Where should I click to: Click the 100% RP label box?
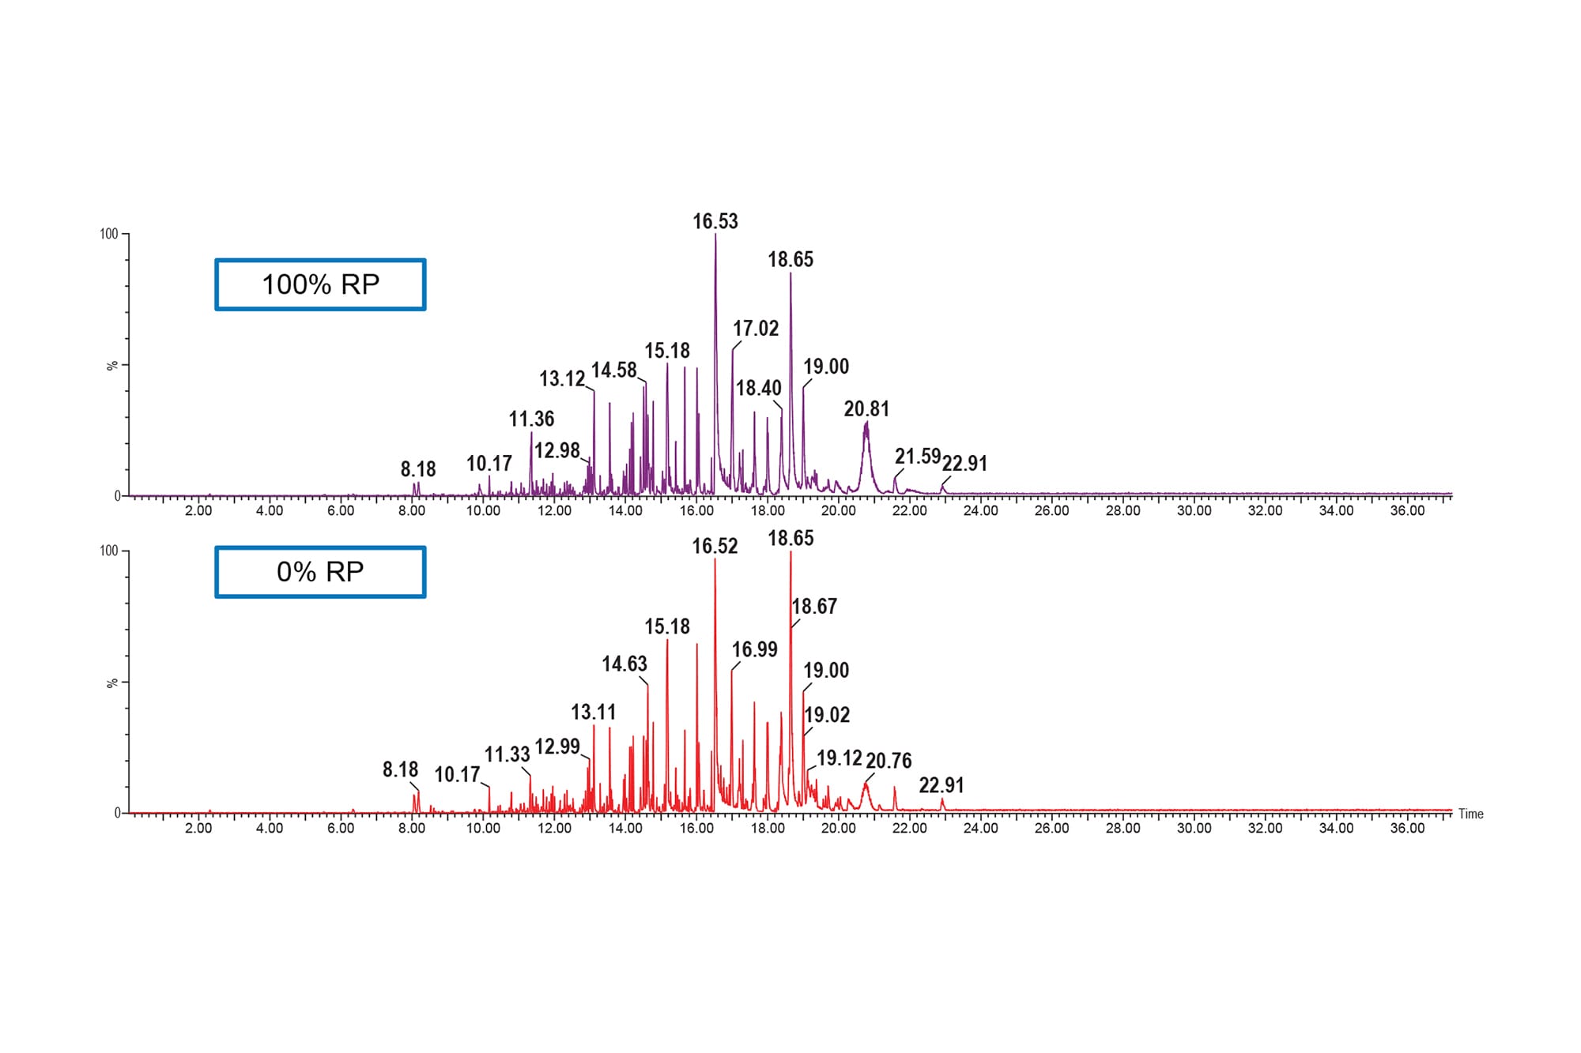tap(320, 284)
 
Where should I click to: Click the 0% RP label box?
tap(320, 571)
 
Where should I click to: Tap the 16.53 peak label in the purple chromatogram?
tap(715, 221)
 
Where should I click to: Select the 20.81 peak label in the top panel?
tap(866, 408)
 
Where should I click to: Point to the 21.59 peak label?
tap(917, 456)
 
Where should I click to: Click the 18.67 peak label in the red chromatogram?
tap(814, 606)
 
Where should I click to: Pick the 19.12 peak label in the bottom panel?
tap(839, 758)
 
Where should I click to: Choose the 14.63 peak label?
tap(624, 664)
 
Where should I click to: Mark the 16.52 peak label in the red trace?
tap(715, 546)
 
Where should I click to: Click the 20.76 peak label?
tap(889, 761)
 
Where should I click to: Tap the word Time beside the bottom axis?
tap(1470, 814)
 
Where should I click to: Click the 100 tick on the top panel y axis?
tap(108, 234)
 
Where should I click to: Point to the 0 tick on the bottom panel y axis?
tap(118, 813)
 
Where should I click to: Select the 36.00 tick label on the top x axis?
tap(1407, 510)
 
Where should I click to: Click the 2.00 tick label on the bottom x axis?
tap(198, 828)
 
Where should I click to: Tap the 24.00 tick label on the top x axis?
tap(980, 510)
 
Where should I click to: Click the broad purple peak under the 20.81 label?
tap(866, 450)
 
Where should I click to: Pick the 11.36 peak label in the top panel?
tap(531, 419)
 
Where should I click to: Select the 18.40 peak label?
tap(758, 388)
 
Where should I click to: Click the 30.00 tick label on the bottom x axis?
tap(1194, 828)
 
